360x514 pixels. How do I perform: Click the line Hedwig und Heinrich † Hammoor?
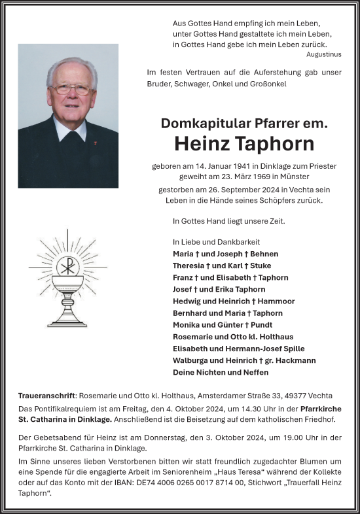click(x=234, y=301)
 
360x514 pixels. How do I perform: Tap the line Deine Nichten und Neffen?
click(x=221, y=372)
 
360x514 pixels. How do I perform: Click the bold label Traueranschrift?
click(x=47, y=396)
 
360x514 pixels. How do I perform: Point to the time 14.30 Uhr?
click(x=264, y=409)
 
